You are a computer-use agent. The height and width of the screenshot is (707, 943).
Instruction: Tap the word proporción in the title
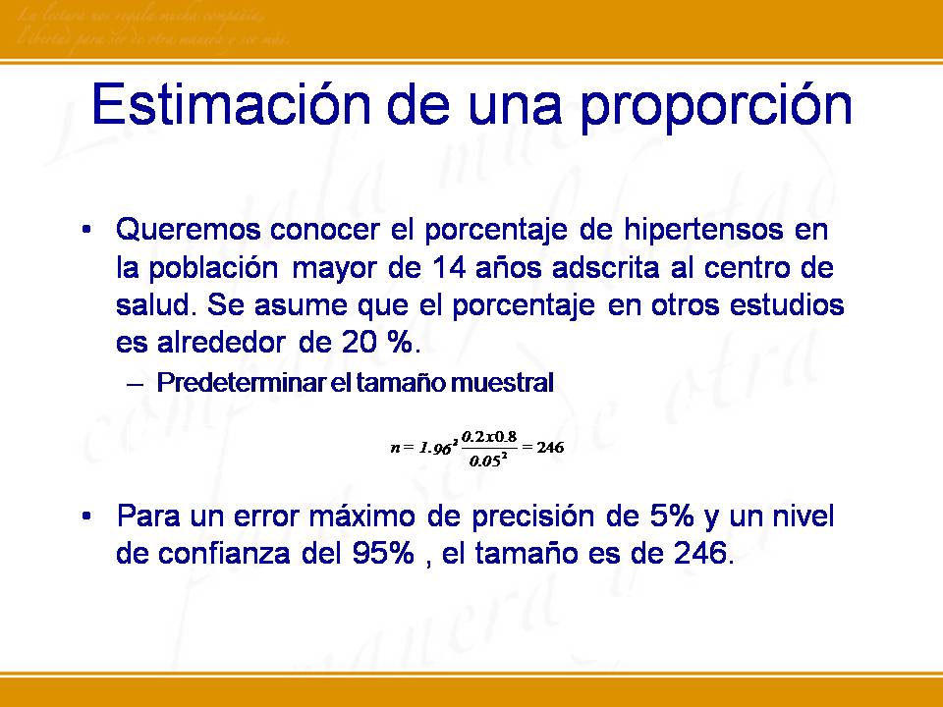[x=716, y=107]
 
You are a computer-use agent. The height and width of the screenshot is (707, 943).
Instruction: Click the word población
[x=207, y=268]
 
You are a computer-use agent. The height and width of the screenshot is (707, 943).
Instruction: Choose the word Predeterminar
[x=240, y=384]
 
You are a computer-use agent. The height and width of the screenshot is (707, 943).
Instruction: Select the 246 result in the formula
[x=549, y=448]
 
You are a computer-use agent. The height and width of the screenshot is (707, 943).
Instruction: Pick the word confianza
[x=213, y=553]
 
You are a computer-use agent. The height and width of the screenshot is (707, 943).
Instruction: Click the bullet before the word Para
[x=88, y=516]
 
